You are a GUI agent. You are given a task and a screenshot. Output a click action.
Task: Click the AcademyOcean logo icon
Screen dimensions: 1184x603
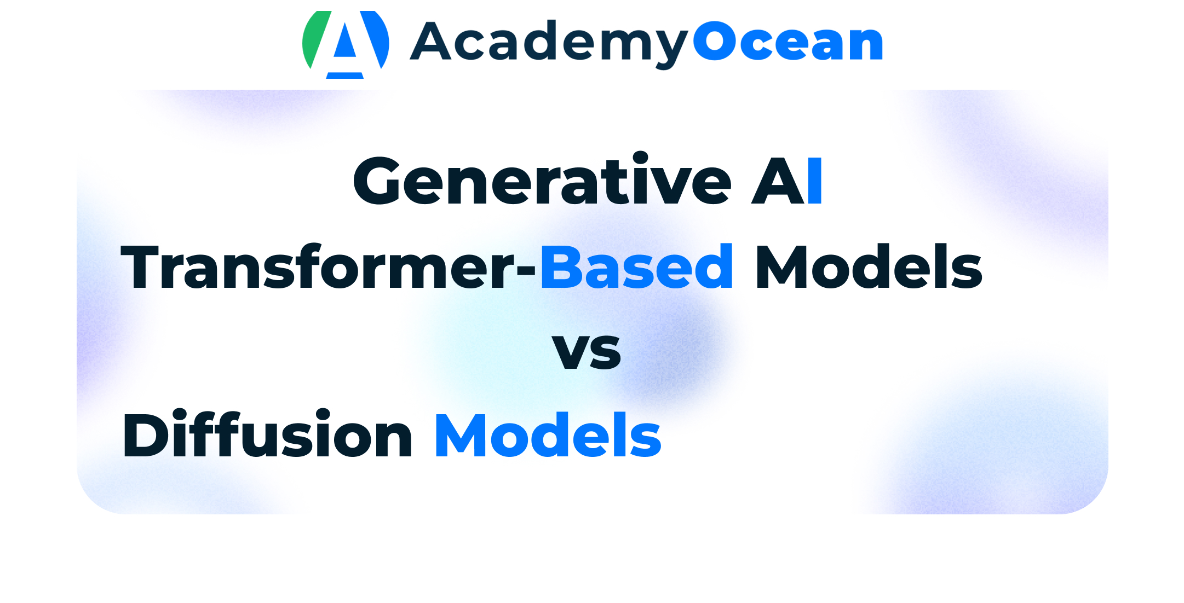[346, 45]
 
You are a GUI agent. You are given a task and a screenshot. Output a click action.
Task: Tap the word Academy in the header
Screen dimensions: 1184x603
[549, 44]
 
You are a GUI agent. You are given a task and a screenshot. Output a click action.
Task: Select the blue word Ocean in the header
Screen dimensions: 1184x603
[788, 41]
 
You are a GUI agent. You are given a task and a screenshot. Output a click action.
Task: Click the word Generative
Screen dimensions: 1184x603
[542, 179]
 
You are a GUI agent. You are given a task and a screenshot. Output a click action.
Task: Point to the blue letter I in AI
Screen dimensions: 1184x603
[815, 181]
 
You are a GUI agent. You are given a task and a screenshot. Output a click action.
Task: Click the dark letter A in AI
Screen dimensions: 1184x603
[778, 181]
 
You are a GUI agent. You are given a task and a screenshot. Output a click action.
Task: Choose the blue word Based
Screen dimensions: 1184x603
[637, 266]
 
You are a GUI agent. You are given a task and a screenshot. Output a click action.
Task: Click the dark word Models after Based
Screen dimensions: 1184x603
[869, 266]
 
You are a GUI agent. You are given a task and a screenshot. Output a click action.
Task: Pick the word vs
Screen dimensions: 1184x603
[587, 351]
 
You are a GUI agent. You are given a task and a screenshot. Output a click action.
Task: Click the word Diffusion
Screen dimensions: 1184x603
[267, 434]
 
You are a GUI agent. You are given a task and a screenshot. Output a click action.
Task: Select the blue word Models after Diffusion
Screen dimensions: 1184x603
[548, 434]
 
